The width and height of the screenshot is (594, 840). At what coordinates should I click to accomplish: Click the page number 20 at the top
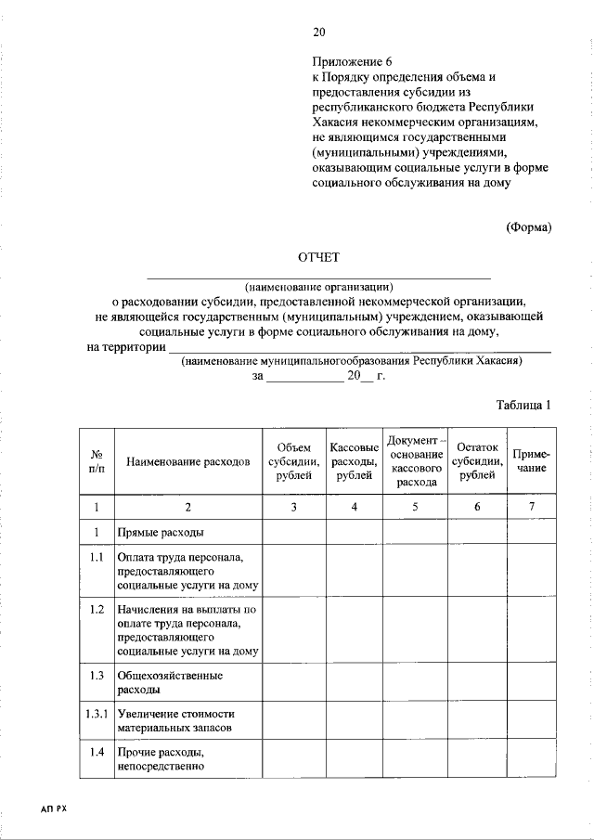coord(318,33)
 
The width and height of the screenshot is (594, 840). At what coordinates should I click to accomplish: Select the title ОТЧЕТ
coord(318,256)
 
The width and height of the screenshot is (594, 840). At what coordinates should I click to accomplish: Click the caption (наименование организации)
coord(319,286)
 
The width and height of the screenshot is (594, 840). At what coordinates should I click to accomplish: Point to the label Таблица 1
coord(524,405)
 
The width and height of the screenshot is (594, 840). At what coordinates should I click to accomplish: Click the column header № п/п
coord(96,460)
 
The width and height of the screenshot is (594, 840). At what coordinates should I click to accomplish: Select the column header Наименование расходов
coord(188,460)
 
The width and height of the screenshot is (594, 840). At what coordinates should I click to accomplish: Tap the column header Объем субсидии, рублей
coord(293,461)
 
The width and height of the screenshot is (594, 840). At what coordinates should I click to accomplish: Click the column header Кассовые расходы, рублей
coord(354,461)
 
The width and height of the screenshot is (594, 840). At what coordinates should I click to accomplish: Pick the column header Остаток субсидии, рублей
coord(477,461)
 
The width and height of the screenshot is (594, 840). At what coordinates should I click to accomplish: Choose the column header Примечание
coord(532,461)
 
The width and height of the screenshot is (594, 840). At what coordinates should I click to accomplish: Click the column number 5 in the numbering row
coord(415,507)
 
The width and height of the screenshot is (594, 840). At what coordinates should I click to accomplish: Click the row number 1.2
coord(96,610)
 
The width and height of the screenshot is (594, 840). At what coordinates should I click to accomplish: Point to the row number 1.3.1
coord(96,714)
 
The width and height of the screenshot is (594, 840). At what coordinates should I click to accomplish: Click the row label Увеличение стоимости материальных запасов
coord(175,721)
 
